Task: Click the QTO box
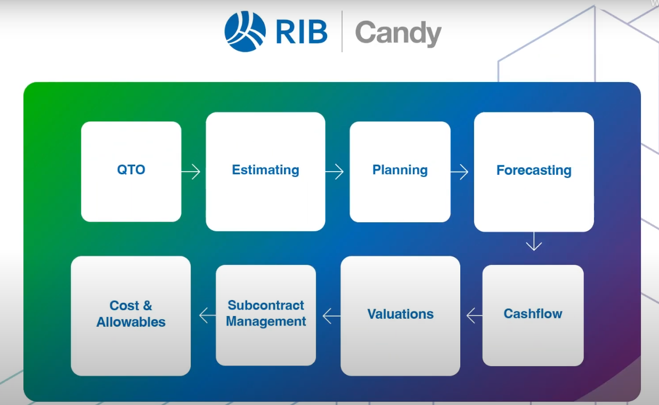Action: point(131,171)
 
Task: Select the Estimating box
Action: point(265,171)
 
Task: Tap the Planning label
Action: point(400,170)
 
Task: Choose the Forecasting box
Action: point(534,171)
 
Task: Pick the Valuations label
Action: point(400,314)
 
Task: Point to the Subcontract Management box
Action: point(266,314)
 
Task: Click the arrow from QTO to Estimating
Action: point(191,172)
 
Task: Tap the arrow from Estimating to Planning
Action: point(335,172)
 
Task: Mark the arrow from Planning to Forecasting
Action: point(459,172)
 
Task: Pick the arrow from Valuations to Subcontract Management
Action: point(331,316)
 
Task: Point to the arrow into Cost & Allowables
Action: point(207,315)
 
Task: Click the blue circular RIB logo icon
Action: point(245,31)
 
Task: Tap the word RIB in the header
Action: point(302,32)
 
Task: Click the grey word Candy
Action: point(398,33)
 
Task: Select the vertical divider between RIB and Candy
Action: point(341,31)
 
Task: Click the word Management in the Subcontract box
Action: point(266,322)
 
